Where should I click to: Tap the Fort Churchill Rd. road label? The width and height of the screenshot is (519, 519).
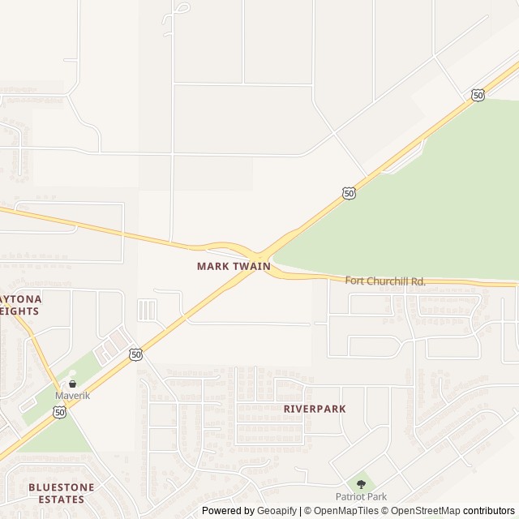pyautogui.click(x=385, y=281)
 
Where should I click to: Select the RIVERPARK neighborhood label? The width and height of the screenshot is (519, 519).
pyautogui.click(x=315, y=409)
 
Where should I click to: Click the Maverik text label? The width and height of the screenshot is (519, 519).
pyautogui.click(x=72, y=396)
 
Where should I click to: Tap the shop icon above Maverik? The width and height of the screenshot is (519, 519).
pyautogui.click(x=72, y=384)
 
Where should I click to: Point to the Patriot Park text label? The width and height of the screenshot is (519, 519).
pyautogui.click(x=361, y=496)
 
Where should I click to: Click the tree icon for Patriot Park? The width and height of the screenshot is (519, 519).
pyautogui.click(x=361, y=484)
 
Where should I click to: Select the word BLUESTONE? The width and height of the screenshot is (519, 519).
pyautogui.click(x=61, y=487)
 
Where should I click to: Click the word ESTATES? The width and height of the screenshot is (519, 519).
pyautogui.click(x=61, y=500)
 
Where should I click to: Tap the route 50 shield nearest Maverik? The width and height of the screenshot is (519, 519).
pyautogui.click(x=60, y=412)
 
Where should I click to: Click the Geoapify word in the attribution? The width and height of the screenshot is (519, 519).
pyautogui.click(x=277, y=511)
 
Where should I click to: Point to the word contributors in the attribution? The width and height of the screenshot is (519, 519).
pyautogui.click(x=489, y=511)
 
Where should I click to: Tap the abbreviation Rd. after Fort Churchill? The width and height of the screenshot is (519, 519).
pyautogui.click(x=418, y=281)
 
